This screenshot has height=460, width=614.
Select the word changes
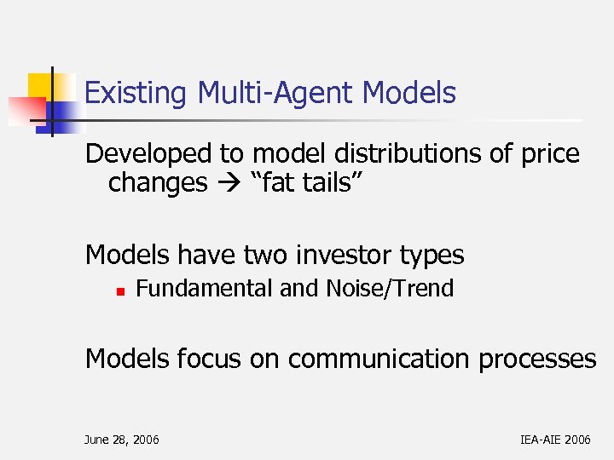158,182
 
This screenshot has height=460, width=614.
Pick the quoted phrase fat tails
300,182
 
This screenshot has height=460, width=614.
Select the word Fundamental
205,289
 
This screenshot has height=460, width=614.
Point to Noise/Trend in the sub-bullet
390,289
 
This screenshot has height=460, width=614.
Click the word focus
210,359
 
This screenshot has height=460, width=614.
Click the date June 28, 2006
121,440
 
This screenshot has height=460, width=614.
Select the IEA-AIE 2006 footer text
554,440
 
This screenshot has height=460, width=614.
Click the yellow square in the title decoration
41,87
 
